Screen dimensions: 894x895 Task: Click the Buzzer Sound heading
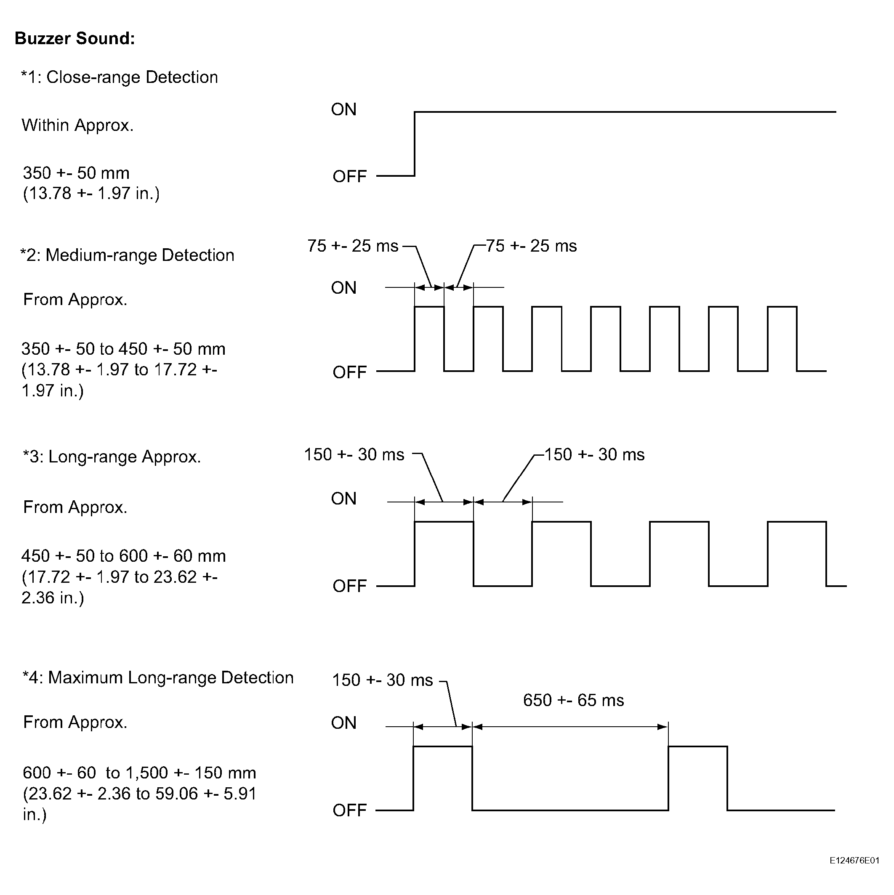[x=74, y=38]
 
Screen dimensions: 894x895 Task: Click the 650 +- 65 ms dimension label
[x=573, y=700]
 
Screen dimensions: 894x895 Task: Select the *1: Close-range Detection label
[x=119, y=77]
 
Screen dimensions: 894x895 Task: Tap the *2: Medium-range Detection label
[x=127, y=255]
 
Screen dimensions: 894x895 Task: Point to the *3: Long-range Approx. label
[x=112, y=457]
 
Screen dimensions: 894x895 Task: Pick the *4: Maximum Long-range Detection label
[x=158, y=678]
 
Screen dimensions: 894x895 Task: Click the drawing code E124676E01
[x=854, y=860]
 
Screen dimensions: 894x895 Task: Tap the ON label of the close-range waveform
[x=343, y=110]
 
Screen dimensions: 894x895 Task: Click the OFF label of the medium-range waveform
[x=349, y=372]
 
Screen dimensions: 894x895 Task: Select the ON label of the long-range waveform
[x=343, y=499]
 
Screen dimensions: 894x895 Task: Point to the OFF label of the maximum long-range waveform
[x=349, y=810]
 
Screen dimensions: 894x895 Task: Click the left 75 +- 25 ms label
[x=353, y=246]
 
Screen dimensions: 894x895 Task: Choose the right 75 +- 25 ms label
[x=531, y=246]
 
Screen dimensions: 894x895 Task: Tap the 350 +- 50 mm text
[x=76, y=173]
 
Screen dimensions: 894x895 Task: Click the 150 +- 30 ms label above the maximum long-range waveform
[x=382, y=680]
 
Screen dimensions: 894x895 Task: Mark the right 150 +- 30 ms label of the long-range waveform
[x=594, y=454]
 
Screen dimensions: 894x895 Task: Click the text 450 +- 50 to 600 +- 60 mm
[x=123, y=556]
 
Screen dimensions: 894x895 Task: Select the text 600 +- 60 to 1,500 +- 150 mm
[x=139, y=773]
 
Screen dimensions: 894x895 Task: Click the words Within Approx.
[x=77, y=125]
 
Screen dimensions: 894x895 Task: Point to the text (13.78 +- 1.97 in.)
[x=91, y=194]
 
